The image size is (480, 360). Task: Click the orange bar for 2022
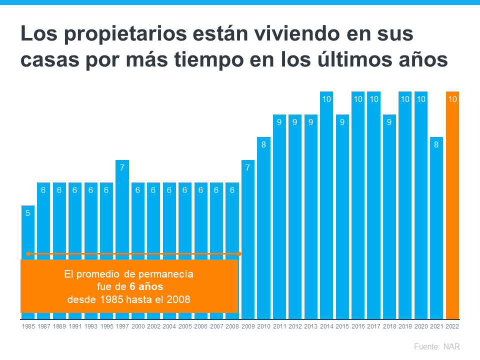[x=452, y=205]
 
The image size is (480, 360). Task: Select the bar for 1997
[x=122, y=210]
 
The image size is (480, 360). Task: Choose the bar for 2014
[x=326, y=205]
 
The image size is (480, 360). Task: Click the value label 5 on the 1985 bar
[x=28, y=213]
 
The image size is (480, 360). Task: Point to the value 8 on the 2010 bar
[x=263, y=145]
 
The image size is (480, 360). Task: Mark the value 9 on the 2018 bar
[x=389, y=122]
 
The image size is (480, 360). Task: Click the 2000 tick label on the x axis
[x=138, y=326]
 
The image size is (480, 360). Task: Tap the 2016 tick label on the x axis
[x=358, y=326]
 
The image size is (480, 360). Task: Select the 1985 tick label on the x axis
[x=28, y=326]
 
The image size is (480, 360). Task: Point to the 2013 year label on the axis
[x=310, y=326]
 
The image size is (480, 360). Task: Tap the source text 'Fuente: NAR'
[x=436, y=346]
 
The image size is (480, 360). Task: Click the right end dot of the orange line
[x=239, y=254]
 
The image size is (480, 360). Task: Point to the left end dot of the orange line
[x=28, y=254]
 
